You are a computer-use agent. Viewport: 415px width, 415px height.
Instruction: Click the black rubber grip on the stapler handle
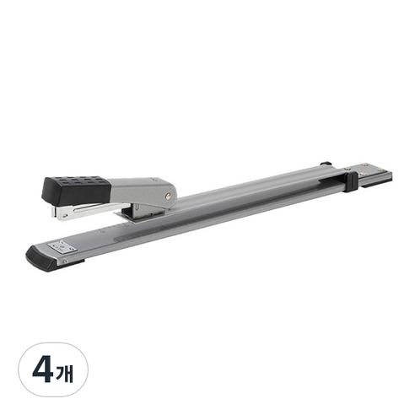coord(77,188)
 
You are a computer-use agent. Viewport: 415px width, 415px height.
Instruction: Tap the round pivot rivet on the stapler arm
coord(169,196)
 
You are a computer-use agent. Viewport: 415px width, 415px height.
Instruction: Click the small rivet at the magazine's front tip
coord(65,216)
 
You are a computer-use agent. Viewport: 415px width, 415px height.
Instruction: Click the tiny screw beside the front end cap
coord(65,261)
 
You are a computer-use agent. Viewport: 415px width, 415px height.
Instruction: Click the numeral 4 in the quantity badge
coord(44,370)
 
